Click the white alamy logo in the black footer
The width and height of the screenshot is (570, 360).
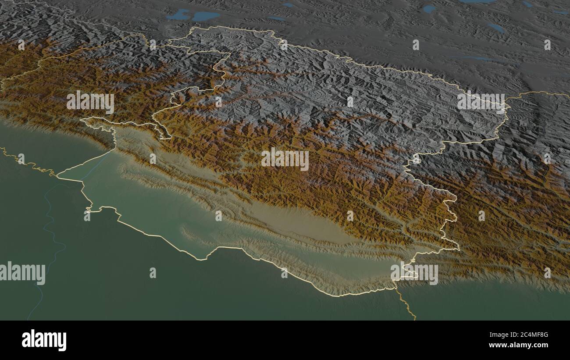(44, 340)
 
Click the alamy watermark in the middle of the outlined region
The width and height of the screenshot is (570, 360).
(285, 160)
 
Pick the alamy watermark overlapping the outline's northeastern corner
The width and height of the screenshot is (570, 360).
(481, 103)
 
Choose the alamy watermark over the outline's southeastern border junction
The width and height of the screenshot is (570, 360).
(414, 273)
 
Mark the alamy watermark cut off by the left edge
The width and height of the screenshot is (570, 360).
(22, 273)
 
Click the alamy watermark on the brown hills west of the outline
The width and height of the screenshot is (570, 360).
(90, 102)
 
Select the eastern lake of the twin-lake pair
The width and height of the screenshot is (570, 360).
(205, 16)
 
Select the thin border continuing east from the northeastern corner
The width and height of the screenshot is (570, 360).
(535, 93)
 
